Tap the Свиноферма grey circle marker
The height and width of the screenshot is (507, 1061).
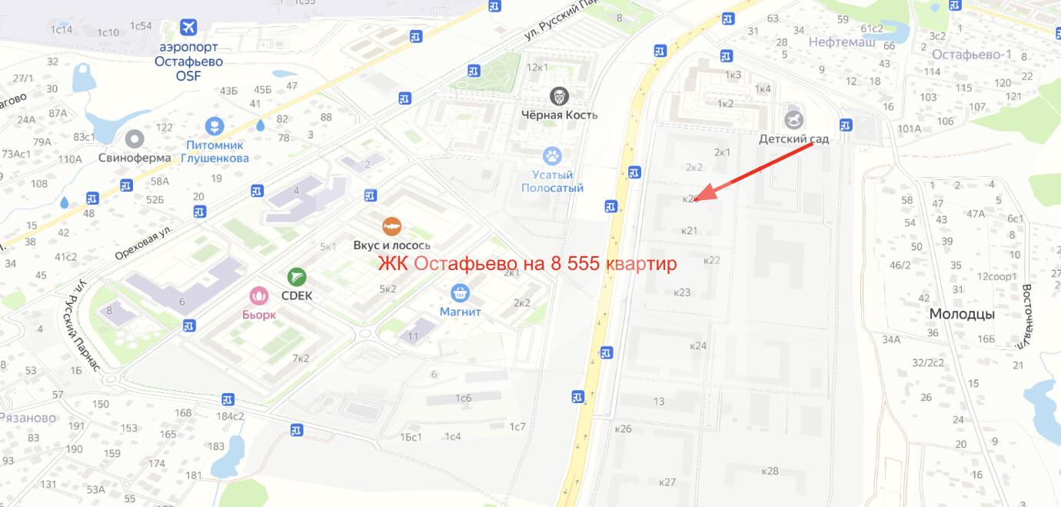pyautogui.click(x=135, y=138)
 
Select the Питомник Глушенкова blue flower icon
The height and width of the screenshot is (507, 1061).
pyautogui.click(x=215, y=125)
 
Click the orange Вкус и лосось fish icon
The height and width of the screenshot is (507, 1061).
pyautogui.click(x=392, y=227)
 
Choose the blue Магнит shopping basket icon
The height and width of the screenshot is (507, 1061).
pyautogui.click(x=461, y=293)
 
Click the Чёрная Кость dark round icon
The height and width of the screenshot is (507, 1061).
pyautogui.click(x=559, y=96)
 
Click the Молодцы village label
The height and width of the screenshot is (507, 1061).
pyautogui.click(x=962, y=314)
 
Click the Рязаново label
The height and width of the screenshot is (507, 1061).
pyautogui.click(x=27, y=418)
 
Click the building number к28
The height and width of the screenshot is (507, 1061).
pyautogui.click(x=770, y=471)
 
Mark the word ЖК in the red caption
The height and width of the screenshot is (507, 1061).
pyautogui.click(x=394, y=264)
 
